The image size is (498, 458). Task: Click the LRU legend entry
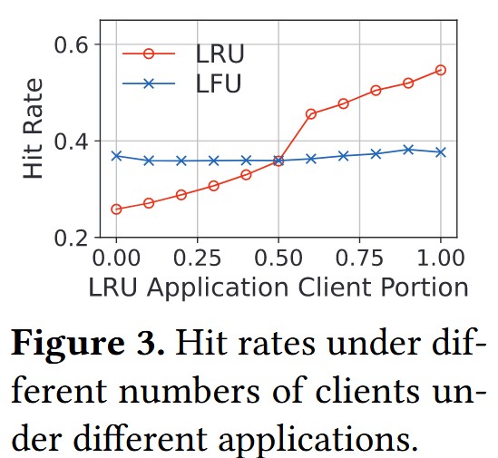point(183,54)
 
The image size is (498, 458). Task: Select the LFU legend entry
point(182,83)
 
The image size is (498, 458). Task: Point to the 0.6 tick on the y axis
point(71,44)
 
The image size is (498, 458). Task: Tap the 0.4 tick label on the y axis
point(71,141)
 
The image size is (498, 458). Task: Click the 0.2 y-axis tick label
point(71,238)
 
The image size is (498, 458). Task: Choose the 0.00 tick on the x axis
point(116,258)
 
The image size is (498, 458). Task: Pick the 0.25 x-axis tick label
point(197,258)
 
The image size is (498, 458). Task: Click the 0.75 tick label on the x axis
point(359,258)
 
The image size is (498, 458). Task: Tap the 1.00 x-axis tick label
point(441,258)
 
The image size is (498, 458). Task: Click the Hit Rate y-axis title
point(33,129)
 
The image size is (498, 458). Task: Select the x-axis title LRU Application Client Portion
point(278,287)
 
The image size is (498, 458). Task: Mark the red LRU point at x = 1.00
point(441,70)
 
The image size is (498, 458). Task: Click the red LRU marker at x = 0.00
point(116,209)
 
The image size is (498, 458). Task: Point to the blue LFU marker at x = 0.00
point(116,156)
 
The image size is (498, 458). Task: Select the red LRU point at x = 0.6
point(311,113)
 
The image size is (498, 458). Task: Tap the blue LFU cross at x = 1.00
point(441,152)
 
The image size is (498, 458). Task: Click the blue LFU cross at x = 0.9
point(408,150)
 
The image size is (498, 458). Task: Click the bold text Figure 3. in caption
point(88,345)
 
